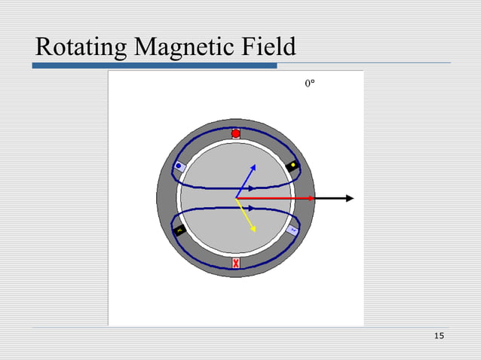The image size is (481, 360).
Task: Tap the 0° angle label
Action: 310,85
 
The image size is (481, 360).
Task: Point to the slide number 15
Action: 440,334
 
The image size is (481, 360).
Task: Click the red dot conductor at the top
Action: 236,133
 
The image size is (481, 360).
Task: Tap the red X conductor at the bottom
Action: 236,263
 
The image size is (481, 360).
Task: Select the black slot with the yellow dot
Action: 293,166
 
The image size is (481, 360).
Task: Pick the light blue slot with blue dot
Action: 179,166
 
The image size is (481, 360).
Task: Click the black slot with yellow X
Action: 179,230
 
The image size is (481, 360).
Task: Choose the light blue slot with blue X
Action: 293,230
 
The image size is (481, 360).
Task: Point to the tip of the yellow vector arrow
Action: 255,230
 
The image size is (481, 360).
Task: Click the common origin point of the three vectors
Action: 236,198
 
